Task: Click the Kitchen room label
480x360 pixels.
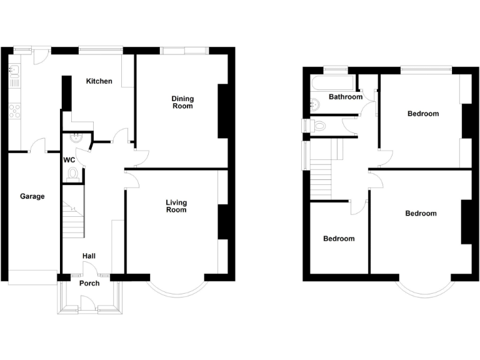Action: tap(99, 81)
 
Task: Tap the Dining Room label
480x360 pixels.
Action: tap(183, 102)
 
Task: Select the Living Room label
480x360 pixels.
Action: tap(176, 206)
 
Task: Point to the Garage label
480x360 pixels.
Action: tap(32, 196)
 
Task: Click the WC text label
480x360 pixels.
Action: tap(69, 159)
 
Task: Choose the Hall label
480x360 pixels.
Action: tap(89, 256)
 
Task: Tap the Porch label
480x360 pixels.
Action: tap(89, 283)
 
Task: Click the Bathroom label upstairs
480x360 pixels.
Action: tap(346, 97)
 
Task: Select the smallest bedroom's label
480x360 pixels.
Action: tap(339, 239)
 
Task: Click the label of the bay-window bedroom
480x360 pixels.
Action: tap(421, 214)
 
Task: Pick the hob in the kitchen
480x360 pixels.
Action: tap(14, 111)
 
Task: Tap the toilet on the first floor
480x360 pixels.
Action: tap(319, 126)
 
